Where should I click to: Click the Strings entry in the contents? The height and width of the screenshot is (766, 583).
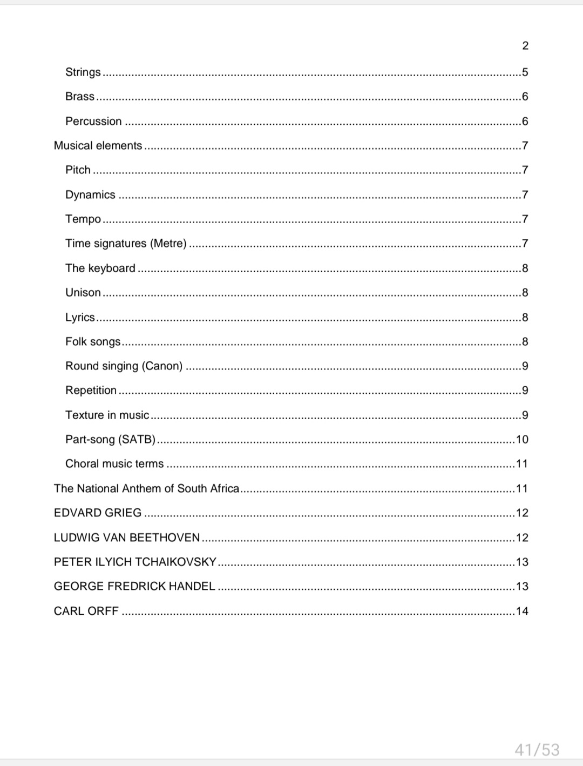[x=83, y=72]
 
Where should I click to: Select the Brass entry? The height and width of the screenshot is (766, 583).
[x=80, y=96]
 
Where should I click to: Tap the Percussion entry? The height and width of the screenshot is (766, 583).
[x=93, y=121]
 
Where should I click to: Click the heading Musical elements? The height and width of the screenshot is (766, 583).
[x=98, y=145]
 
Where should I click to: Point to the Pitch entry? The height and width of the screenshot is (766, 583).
[x=78, y=170]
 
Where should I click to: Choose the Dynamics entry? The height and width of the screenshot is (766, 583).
[x=90, y=194]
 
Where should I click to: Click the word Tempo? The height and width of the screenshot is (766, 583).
[x=83, y=219]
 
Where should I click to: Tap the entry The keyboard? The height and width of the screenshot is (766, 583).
[x=100, y=268]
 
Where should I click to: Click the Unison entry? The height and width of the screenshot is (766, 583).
[x=83, y=292]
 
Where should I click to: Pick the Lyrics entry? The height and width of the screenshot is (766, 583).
[x=80, y=317]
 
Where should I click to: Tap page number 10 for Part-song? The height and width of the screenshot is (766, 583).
[x=522, y=439]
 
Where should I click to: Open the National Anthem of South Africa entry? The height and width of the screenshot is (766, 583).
[x=146, y=488]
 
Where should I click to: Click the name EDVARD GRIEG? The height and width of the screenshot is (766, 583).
[x=98, y=513]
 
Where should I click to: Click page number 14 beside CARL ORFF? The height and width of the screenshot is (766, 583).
[x=522, y=611]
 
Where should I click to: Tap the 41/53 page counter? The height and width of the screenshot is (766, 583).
[x=537, y=750]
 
